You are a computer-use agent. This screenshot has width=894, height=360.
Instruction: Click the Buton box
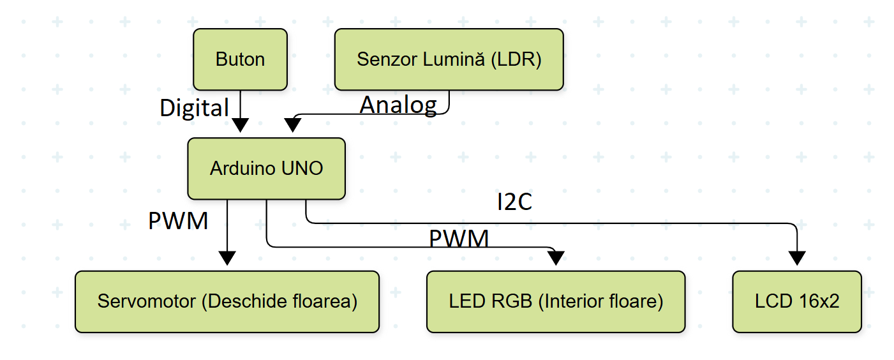(240, 59)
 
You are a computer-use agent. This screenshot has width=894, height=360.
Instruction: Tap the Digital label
(194, 108)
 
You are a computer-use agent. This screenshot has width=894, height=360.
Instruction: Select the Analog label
(398, 105)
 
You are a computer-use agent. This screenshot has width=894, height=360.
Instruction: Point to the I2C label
(514, 202)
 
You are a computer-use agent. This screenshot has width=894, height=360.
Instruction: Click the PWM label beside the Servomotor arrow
(178, 221)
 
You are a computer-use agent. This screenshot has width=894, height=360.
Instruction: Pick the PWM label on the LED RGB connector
(459, 239)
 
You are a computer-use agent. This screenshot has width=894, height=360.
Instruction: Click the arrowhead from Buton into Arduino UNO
(240, 125)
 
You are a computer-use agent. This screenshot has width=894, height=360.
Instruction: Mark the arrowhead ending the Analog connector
(292, 125)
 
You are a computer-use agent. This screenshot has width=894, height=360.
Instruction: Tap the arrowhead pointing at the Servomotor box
(227, 257)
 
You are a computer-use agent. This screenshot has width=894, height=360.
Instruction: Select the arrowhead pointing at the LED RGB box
(556, 257)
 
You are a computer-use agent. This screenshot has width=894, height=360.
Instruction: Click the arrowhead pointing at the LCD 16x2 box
(797, 257)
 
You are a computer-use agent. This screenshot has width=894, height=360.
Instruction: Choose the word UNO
(303, 169)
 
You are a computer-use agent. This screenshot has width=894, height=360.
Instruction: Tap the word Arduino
(244, 169)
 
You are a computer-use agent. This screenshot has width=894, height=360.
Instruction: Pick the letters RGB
(516, 301)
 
